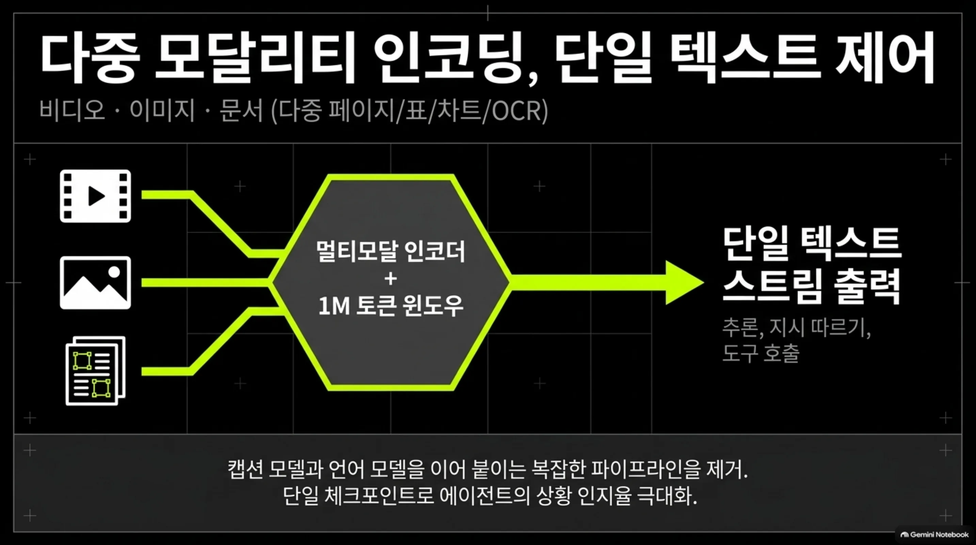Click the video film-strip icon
(x=95, y=196)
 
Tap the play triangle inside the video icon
(x=96, y=196)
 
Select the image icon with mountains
(x=95, y=283)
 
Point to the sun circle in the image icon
(x=114, y=272)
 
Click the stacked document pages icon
(x=95, y=371)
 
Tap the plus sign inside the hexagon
(x=390, y=279)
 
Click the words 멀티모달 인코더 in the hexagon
(x=390, y=252)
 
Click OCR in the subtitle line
(x=516, y=111)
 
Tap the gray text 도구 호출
(x=761, y=353)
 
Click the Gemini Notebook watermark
(x=934, y=535)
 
